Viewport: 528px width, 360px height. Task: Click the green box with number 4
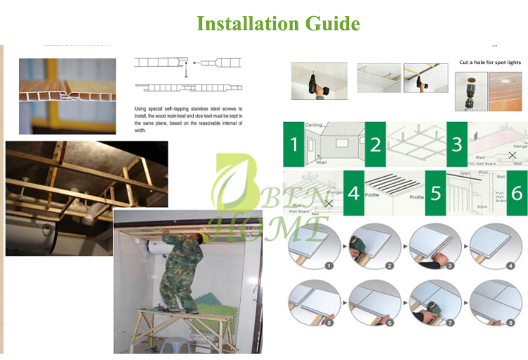coord(353,192)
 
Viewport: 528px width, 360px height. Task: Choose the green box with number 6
coord(517,192)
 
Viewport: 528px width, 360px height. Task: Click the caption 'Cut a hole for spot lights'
coord(490,63)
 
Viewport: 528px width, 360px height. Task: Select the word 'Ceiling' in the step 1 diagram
coord(314,125)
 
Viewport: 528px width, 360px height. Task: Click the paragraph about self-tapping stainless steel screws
coord(188,119)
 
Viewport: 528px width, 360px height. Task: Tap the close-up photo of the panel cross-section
coord(68,86)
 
